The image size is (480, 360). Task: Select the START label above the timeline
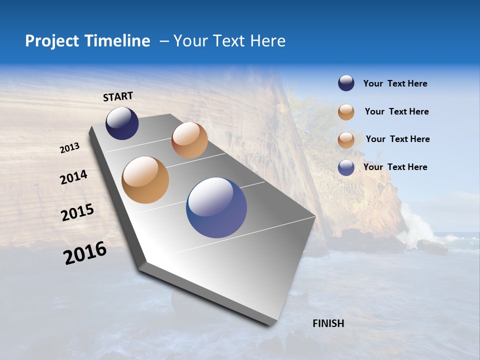[118, 96]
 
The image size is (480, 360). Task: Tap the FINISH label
[328, 323]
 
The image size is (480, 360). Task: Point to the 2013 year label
[70, 148]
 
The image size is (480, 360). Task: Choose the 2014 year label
[74, 177]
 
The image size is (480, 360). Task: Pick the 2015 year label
[77, 212]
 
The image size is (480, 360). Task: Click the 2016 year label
[85, 253]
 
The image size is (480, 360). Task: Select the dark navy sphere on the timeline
[122, 123]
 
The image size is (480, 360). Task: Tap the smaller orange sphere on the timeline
[189, 140]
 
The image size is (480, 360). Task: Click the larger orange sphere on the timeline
[145, 180]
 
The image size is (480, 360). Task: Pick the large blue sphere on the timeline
[216, 207]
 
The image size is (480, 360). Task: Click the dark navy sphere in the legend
[346, 83]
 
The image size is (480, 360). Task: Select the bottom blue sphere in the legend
[346, 167]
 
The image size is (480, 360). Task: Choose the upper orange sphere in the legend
[346, 112]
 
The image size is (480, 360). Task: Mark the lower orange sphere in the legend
[346, 140]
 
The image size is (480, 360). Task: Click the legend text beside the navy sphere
[395, 83]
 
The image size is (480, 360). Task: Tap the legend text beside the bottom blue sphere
[395, 167]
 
